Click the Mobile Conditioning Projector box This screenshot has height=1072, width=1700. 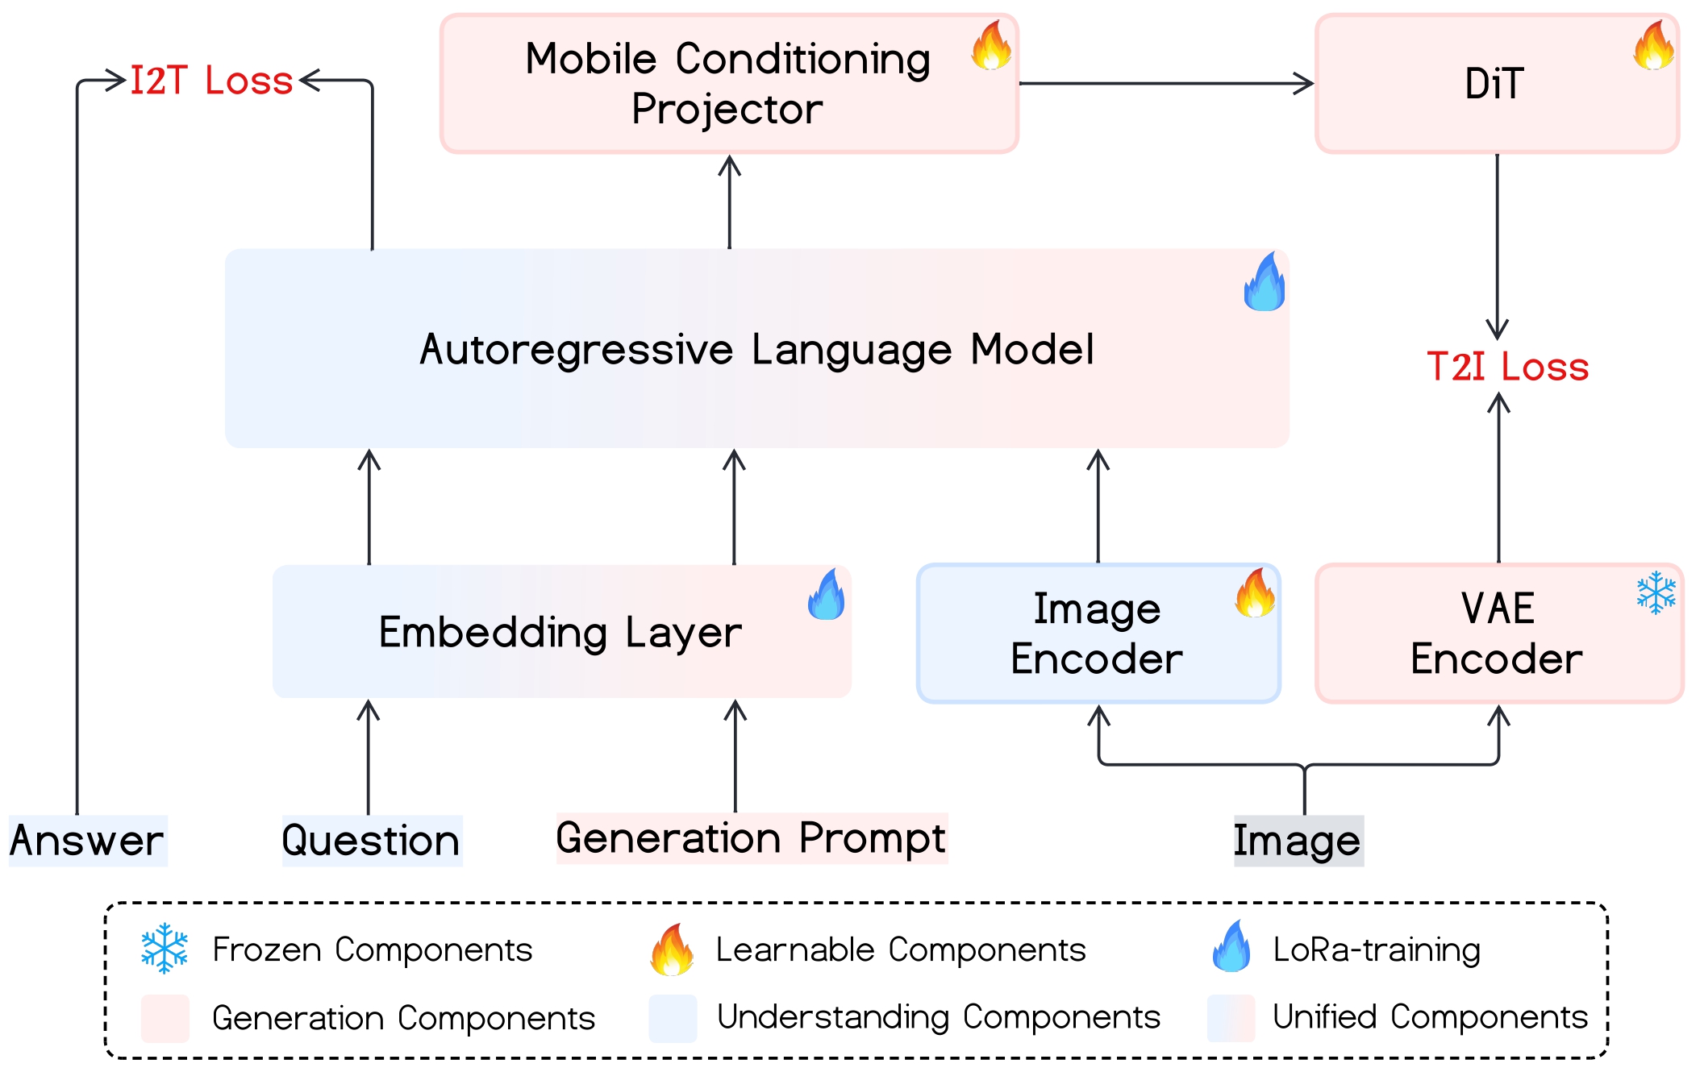click(x=728, y=84)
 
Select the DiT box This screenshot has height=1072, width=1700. click(x=1496, y=84)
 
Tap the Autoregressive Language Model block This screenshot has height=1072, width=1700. click(x=756, y=349)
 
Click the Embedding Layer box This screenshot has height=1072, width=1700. click(x=561, y=632)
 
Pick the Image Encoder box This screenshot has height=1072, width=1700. click(x=1098, y=634)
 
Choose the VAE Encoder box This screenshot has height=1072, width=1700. click(x=1498, y=634)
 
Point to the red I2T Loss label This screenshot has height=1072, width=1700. click(x=211, y=81)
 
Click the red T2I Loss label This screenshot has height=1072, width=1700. click(x=1507, y=367)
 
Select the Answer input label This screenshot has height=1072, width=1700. click(x=87, y=841)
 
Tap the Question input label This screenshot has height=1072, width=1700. click(x=371, y=841)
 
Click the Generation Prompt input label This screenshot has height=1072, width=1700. click(x=751, y=838)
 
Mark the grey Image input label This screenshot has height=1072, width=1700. click(x=1298, y=841)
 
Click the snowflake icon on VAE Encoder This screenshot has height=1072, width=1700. click(x=1656, y=593)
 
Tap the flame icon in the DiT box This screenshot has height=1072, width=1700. click(x=1653, y=45)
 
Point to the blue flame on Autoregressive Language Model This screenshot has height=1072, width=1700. click(x=1265, y=282)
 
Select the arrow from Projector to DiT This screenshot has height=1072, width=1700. click(x=1166, y=83)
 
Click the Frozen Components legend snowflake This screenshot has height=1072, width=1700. click(x=165, y=949)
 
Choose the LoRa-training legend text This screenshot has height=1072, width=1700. click(x=1377, y=949)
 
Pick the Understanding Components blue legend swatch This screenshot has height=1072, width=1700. click(x=673, y=1018)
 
